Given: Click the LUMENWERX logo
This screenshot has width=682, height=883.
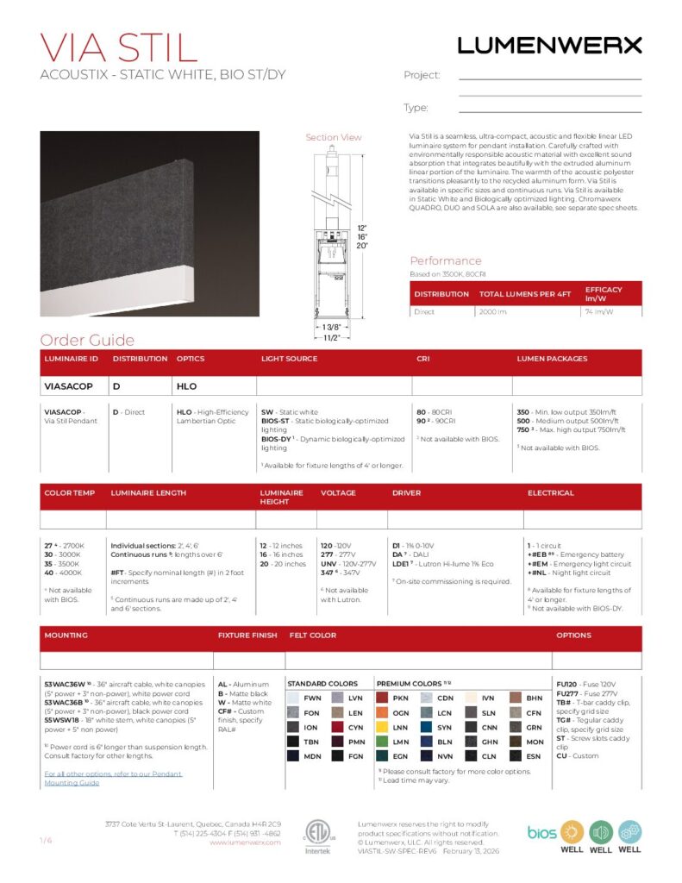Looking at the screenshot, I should (x=549, y=45).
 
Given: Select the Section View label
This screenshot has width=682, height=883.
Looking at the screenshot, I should (x=334, y=137).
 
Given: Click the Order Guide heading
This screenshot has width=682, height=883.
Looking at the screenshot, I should (x=87, y=340).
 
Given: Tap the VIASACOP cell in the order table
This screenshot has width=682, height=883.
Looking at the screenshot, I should (x=69, y=386).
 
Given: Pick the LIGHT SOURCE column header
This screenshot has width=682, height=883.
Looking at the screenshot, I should (x=289, y=359).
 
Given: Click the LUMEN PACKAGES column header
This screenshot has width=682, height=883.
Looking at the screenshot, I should (x=552, y=359).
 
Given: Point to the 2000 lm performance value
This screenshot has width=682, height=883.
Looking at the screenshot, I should (x=494, y=311).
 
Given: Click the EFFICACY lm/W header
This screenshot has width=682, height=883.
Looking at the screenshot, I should (x=604, y=293).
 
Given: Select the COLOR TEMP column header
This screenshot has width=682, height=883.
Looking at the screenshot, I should (x=69, y=493).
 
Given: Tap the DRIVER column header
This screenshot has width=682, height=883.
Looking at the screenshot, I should (x=406, y=493).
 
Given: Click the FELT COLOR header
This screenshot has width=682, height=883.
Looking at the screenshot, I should (x=313, y=636).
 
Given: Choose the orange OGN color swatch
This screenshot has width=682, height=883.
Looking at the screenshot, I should (x=382, y=713).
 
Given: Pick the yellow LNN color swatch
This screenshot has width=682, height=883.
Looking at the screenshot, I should (x=382, y=728).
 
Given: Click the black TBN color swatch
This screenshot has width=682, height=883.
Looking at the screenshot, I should (x=293, y=742).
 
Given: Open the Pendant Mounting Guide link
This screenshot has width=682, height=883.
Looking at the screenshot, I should (x=112, y=778).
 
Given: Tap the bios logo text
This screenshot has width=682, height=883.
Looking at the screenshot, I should (x=541, y=832).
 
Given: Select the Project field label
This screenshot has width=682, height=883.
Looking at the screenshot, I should (x=422, y=75).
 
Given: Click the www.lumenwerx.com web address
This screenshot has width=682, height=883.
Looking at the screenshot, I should (x=245, y=842).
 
